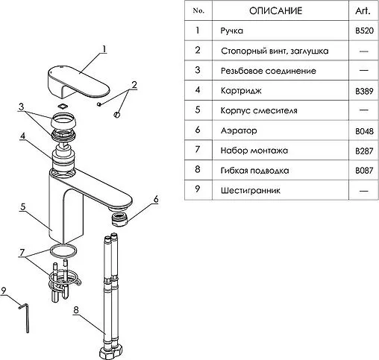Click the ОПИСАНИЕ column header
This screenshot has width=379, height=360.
coord(275,10)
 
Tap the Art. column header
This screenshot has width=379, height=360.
coord(363,10)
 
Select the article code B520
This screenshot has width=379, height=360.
coord(364,31)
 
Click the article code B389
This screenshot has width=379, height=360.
coord(364,91)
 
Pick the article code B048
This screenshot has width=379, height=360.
coord(364,131)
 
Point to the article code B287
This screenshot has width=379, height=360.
coord(364,151)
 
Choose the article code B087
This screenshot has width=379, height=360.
coord(364,171)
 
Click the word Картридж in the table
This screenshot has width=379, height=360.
coord(241,91)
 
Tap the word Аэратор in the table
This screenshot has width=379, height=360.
coord(239,130)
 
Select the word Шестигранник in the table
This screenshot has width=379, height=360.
coord(251,191)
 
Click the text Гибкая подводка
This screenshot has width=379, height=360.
coord(254,171)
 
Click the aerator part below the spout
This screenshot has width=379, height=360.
coord(119,219)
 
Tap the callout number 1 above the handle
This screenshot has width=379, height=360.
coord(104,49)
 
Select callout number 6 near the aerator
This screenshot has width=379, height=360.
coord(156,199)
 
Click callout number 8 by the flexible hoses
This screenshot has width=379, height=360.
coord(76,309)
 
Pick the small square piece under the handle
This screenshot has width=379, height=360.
coord(63,107)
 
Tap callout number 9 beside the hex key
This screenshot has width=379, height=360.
coord(4,291)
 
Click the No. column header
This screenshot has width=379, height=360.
coord(198,10)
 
